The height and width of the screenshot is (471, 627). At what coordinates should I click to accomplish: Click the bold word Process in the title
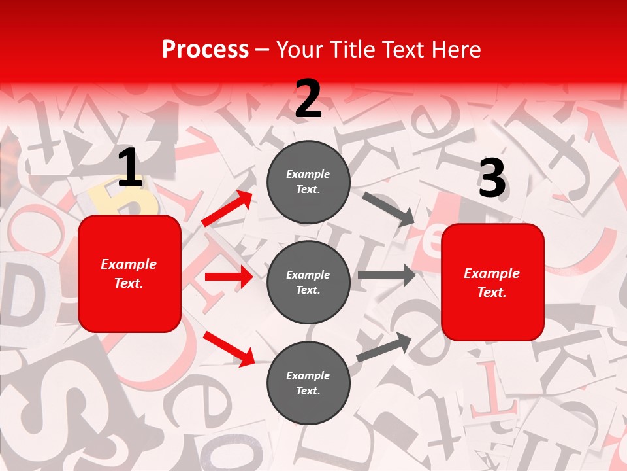click(x=205, y=49)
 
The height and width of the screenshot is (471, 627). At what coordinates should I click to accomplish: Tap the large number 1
click(x=130, y=168)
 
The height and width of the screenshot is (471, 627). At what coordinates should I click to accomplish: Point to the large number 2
click(x=308, y=98)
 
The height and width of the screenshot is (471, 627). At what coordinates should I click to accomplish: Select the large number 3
click(x=492, y=178)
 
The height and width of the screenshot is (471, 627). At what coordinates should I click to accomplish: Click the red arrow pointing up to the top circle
click(x=227, y=209)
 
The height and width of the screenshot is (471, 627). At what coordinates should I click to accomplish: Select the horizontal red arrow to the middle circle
click(x=229, y=277)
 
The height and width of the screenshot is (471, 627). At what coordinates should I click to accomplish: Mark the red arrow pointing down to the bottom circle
click(x=229, y=348)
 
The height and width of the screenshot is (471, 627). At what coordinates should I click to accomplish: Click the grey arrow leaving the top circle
click(x=389, y=209)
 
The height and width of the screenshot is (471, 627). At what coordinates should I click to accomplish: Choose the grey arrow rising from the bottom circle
click(x=384, y=347)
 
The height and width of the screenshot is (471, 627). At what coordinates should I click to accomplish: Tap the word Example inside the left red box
click(x=129, y=264)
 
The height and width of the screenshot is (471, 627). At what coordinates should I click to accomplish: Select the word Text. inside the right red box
click(x=492, y=292)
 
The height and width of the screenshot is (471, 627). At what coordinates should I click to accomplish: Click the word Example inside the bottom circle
click(x=308, y=375)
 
